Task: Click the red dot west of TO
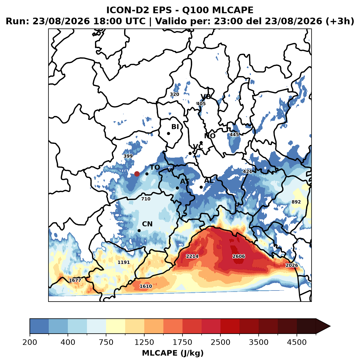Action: click(137, 174)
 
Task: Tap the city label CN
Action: click(147, 224)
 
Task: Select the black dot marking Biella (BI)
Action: click(168, 133)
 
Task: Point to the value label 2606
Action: click(238, 256)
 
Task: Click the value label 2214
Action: click(192, 256)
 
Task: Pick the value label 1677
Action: click(75, 280)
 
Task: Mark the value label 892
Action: click(296, 202)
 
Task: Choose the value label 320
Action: click(174, 94)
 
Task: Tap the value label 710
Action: click(146, 199)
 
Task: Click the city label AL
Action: click(209, 180)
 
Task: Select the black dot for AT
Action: click(177, 188)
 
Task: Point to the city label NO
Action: click(210, 136)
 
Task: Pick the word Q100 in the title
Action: click(195, 10)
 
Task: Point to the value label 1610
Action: click(146, 286)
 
